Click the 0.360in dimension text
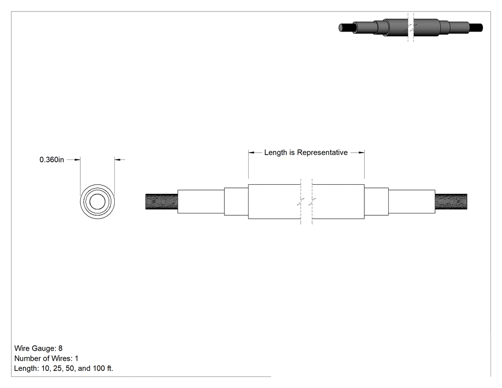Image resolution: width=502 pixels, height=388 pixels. [52, 160]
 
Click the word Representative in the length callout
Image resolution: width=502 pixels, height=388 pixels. [322, 153]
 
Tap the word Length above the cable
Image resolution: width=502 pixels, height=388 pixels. [276, 153]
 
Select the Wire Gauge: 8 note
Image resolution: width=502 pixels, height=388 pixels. [38, 348]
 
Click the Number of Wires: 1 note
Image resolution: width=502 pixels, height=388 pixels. [46, 358]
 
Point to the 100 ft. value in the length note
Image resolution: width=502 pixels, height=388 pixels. [103, 368]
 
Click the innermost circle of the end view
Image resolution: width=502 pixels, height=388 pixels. [98, 201]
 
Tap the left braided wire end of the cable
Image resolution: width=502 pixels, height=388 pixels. [162, 201]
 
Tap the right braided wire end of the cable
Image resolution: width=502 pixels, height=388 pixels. [451, 201]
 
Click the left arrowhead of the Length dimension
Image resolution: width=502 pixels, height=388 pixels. [251, 153]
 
